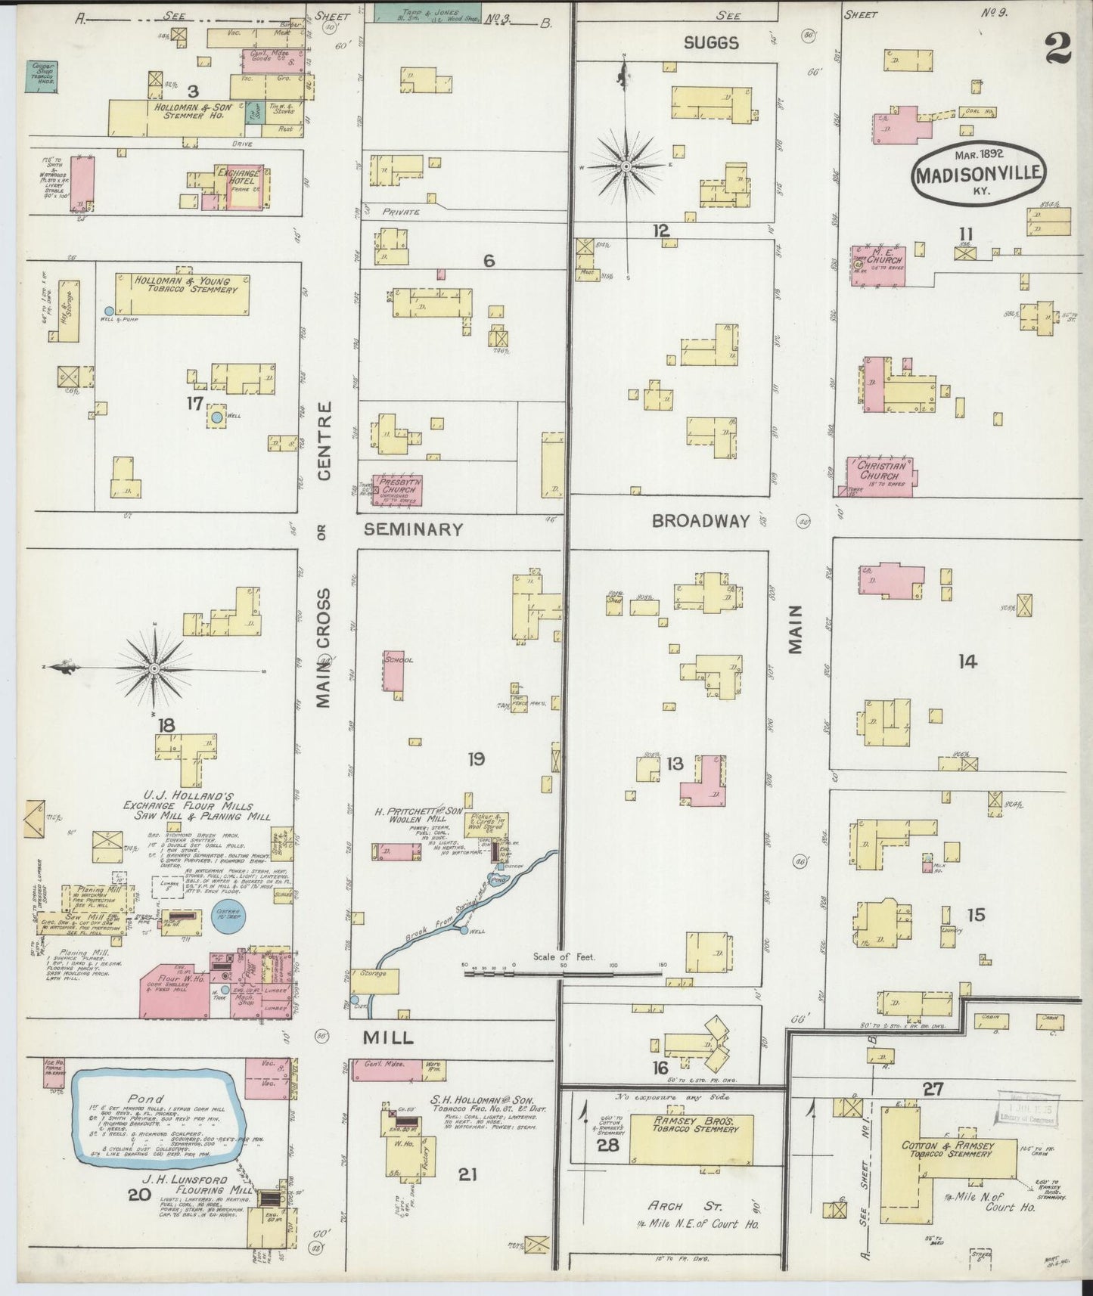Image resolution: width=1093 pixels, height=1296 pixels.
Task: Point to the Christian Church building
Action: click(x=880, y=476)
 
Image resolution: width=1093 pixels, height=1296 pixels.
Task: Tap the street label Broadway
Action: click(x=700, y=521)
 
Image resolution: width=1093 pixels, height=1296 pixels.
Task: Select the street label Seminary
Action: click(x=413, y=529)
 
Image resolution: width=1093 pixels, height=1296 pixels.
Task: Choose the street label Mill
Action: click(x=388, y=1038)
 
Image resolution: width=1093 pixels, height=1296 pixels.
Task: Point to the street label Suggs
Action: click(x=710, y=43)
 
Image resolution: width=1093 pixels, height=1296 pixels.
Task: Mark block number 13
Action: click(x=674, y=764)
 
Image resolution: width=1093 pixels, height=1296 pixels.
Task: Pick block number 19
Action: click(x=476, y=758)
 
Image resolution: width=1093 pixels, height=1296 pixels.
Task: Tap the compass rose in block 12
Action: click(x=626, y=165)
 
